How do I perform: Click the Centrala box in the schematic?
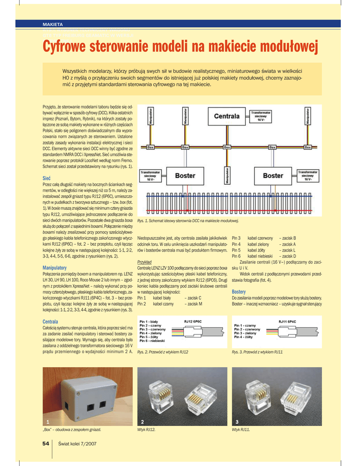pos(227,116)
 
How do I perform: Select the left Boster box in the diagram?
pos(185,176)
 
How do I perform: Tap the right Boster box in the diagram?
pos(273,176)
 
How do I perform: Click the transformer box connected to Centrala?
pos(261,116)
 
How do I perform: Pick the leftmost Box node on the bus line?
pos(150,147)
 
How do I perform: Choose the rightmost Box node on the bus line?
pos(308,147)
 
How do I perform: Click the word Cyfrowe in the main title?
pos(68,46)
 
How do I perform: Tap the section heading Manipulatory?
pos(55,268)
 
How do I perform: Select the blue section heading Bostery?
pos(239,291)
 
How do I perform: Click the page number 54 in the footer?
pos(46,444)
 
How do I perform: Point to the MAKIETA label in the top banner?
pos(53,24)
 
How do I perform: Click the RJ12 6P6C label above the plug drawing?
pos(193,321)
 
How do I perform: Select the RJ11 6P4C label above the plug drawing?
pos(287,321)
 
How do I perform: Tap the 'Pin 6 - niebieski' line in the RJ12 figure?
pos(153,340)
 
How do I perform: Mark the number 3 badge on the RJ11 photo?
pos(237,422)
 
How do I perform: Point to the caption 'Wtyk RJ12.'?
pos(146,430)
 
